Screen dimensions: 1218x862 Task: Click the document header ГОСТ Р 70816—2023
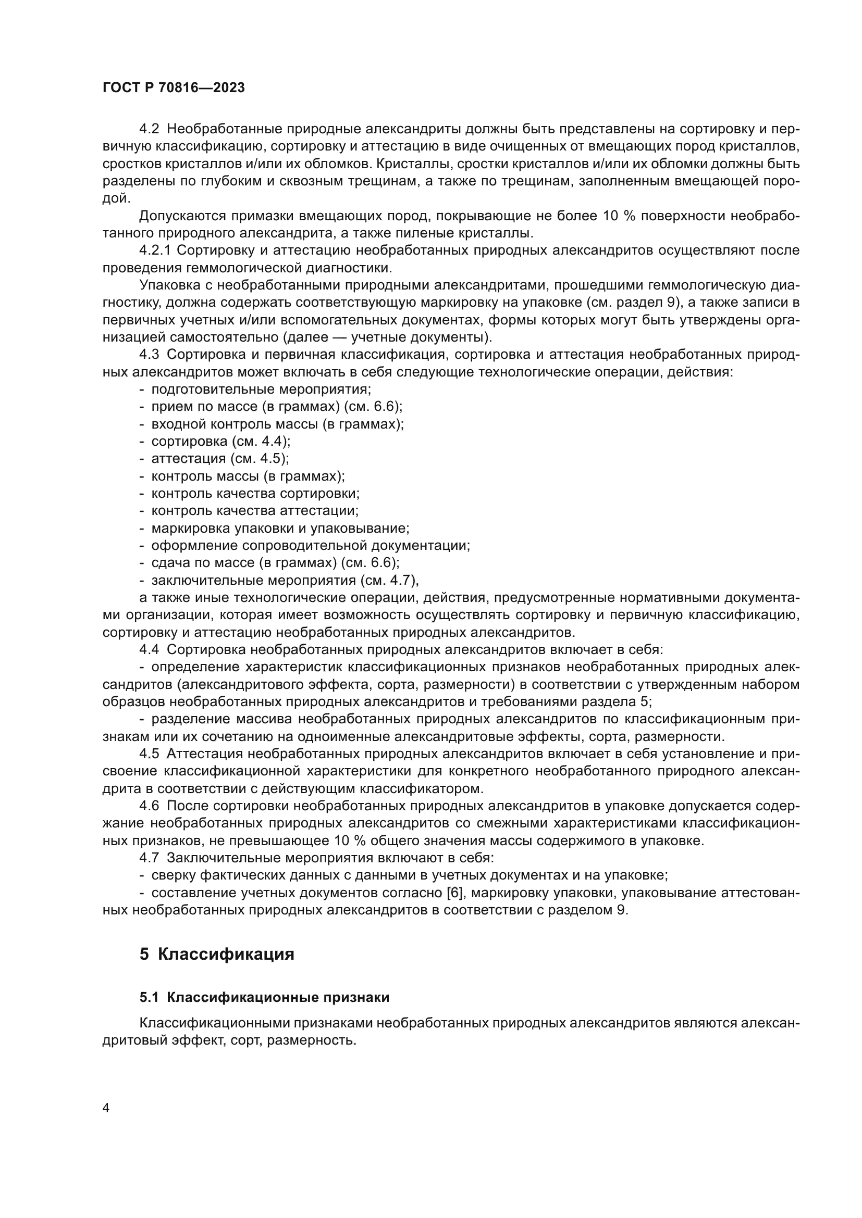pyautogui.click(x=174, y=87)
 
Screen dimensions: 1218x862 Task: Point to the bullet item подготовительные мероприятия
pyautogui.click(x=261, y=390)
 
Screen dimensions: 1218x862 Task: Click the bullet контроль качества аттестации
pyautogui.click(x=255, y=510)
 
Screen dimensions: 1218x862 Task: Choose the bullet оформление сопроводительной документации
pyautogui.click(x=311, y=545)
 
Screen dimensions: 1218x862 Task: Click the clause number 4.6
pyautogui.click(x=149, y=806)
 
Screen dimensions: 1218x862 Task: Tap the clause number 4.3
pyautogui.click(x=149, y=355)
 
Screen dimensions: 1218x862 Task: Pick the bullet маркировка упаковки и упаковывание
pyautogui.click(x=280, y=528)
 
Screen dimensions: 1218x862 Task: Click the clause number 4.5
pyautogui.click(x=149, y=754)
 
